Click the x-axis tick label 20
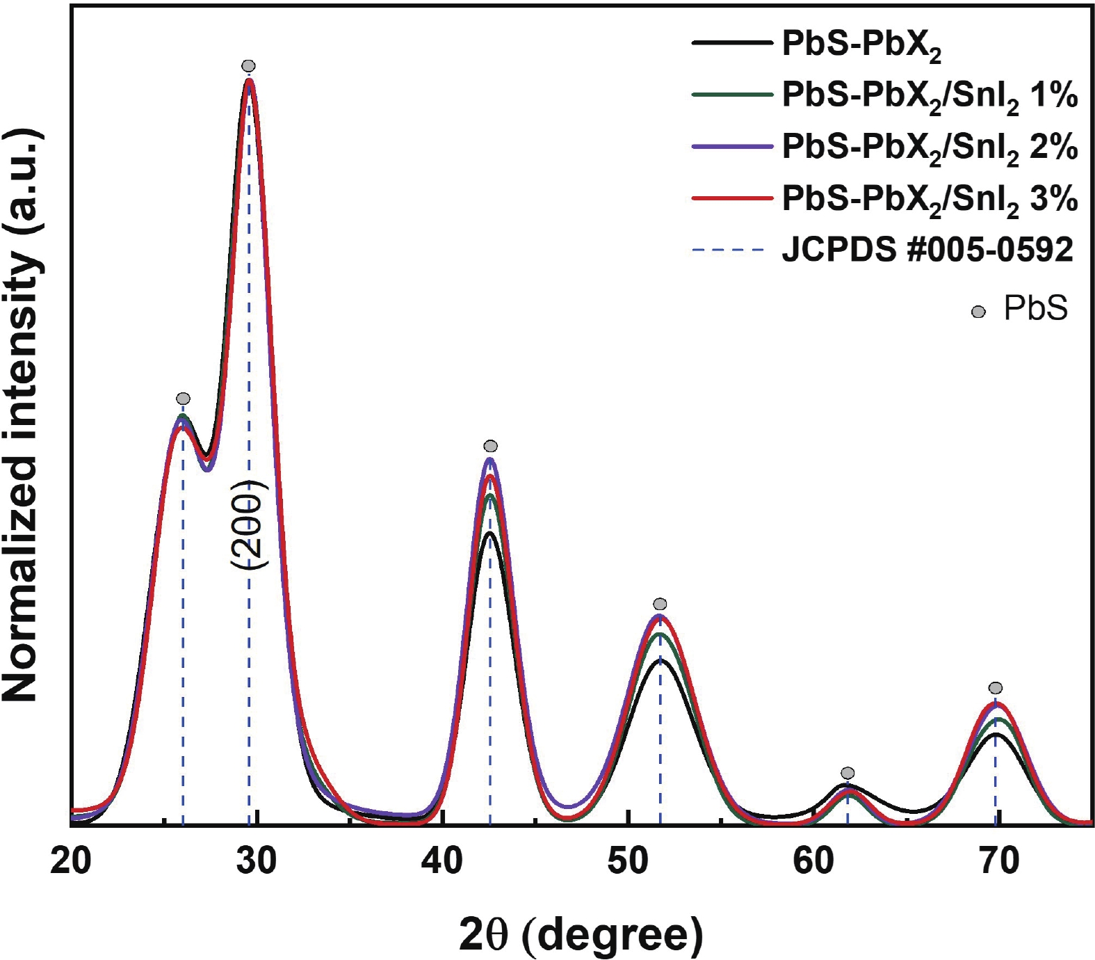[71, 862]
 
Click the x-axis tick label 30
[257, 862]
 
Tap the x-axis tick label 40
[442, 862]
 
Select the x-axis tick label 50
[628, 862]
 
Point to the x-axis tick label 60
[813, 862]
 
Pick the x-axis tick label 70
[999, 862]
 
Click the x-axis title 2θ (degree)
[581, 935]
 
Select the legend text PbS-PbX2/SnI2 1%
[930, 97]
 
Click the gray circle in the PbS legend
[978, 312]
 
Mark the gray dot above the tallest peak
[248, 66]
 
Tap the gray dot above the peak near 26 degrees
[183, 399]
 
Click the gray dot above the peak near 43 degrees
[490, 446]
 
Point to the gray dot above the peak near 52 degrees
[660, 604]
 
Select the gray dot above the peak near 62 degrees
[847, 773]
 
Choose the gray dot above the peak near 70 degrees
[996, 688]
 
